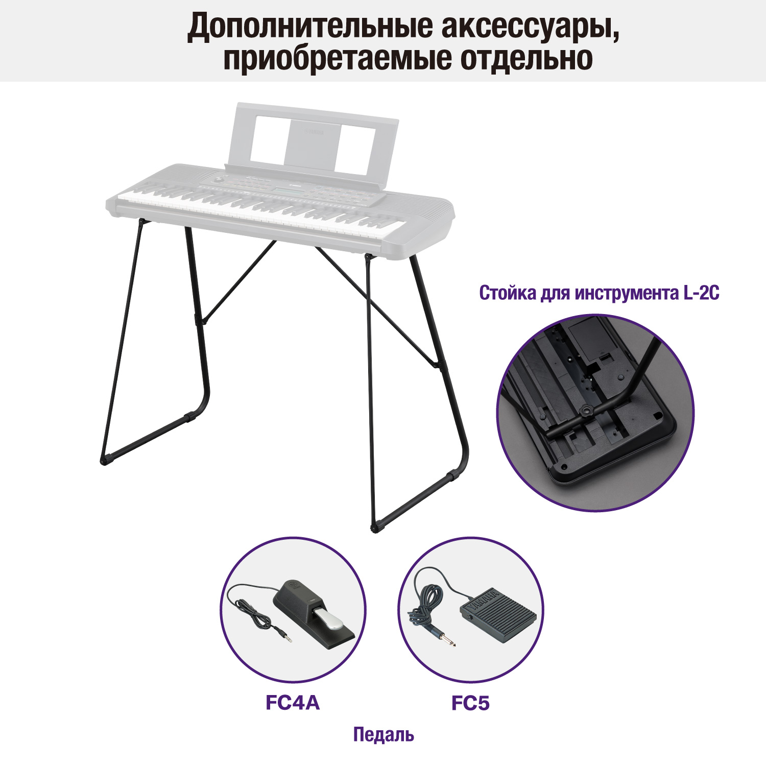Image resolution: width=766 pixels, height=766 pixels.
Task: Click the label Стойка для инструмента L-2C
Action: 599,293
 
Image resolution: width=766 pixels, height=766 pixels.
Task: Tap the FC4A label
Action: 293,703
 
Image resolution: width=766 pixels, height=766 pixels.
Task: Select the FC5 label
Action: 470,703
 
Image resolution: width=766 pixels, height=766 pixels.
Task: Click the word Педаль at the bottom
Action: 384,735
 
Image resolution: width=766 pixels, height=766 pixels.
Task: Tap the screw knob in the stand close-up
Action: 586,410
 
